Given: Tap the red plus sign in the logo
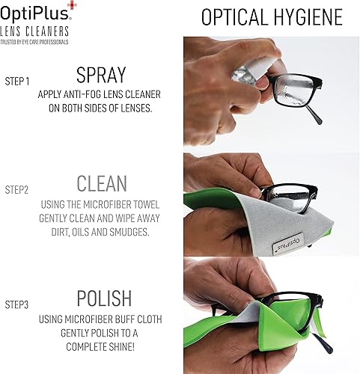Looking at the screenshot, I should (72, 6).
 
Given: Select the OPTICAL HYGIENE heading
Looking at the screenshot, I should (272, 16).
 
